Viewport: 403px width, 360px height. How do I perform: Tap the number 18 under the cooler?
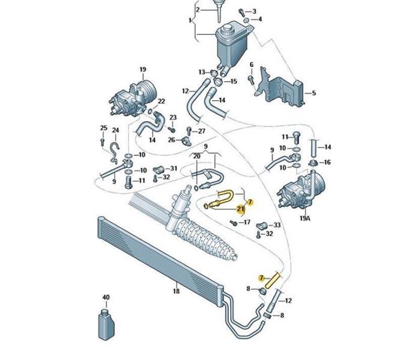tap(176, 292)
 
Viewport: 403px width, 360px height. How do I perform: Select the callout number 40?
tap(106, 298)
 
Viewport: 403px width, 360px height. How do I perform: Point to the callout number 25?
tap(103, 128)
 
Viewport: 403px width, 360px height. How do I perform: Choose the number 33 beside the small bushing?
tap(276, 225)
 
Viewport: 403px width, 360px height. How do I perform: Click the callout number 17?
tap(246, 223)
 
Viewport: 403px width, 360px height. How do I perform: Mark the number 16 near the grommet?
tap(327, 162)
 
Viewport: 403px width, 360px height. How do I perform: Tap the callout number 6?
tap(252, 65)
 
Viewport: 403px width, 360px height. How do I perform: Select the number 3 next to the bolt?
tap(254, 11)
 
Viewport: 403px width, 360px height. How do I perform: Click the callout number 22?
tap(161, 101)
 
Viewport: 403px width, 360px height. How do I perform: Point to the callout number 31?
tap(174, 168)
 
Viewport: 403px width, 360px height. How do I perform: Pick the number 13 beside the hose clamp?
tap(202, 73)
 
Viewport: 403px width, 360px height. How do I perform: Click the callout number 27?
tap(201, 131)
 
